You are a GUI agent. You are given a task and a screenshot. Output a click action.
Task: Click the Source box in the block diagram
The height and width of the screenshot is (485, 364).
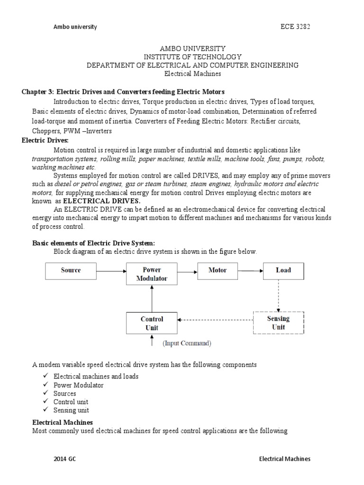point(71,270)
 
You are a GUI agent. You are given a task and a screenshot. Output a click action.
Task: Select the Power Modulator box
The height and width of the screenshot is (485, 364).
point(152,274)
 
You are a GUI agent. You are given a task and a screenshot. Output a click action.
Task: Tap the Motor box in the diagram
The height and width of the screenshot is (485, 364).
point(218,270)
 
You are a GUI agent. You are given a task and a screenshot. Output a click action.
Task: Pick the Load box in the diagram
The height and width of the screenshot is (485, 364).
point(283,270)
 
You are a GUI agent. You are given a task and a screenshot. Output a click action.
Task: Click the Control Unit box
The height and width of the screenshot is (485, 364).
point(152,323)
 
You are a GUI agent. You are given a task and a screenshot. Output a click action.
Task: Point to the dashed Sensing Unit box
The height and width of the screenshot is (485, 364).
point(278,323)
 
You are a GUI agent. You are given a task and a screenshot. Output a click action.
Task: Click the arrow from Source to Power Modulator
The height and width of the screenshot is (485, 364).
point(111,271)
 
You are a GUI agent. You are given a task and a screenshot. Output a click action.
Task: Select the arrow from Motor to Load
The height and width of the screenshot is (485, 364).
point(251,271)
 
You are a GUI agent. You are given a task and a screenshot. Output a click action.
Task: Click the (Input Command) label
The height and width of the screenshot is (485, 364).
point(187,343)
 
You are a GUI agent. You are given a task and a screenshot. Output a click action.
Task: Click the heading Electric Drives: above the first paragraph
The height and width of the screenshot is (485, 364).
point(45,141)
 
